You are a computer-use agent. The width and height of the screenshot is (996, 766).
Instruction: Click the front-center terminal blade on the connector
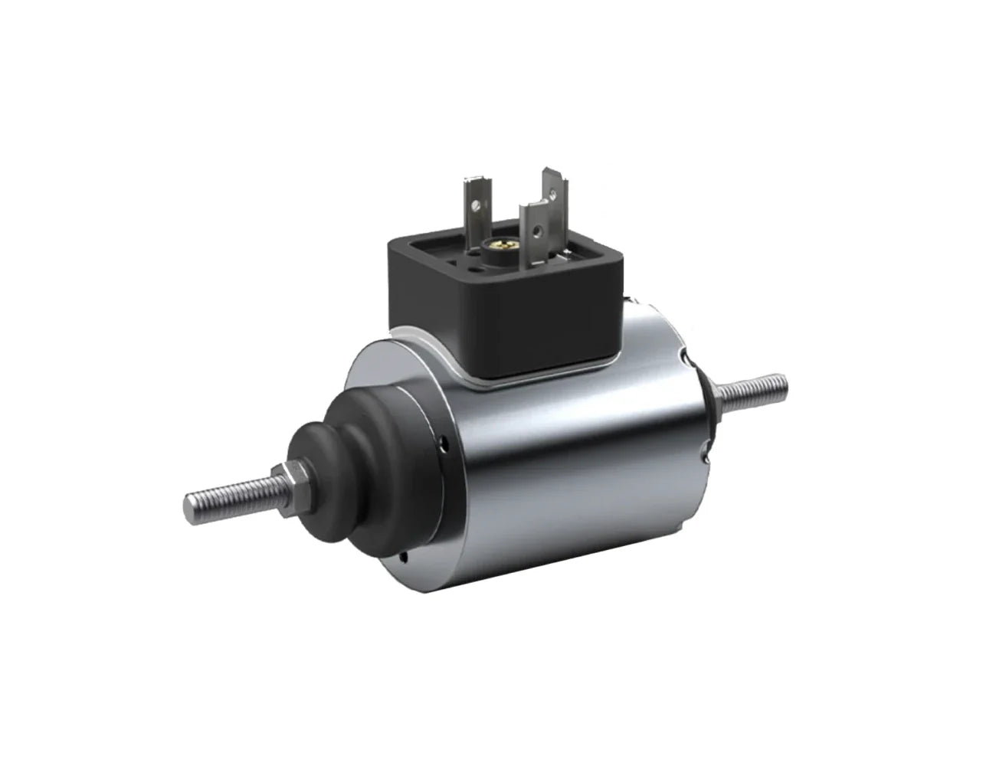click(533, 227)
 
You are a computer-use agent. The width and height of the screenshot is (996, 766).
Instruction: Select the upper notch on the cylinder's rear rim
click(686, 355)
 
